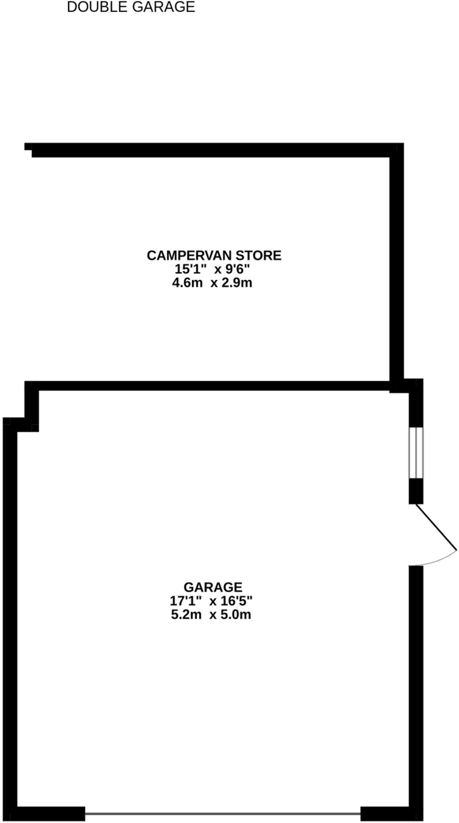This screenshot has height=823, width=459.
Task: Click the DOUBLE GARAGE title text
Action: pos(131,7)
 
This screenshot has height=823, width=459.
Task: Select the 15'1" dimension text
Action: pos(191,269)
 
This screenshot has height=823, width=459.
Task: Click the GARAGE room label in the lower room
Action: pos(213,587)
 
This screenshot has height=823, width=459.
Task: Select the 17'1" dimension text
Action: pos(185,601)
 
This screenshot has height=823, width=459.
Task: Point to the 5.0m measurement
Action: pos(237,614)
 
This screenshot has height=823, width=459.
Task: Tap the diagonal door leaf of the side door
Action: pos(437,527)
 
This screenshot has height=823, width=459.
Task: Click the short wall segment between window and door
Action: pos(416,491)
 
